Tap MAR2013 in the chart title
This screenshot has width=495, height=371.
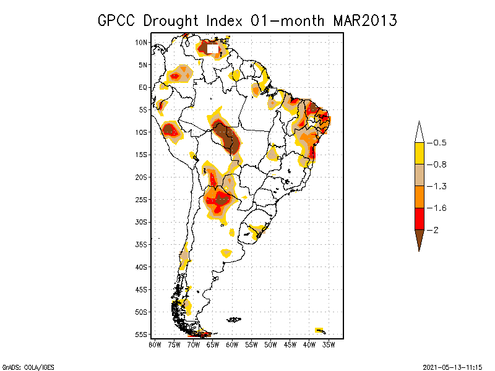point(364,20)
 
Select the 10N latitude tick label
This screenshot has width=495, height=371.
point(142,42)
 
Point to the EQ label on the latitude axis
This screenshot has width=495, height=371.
point(143,87)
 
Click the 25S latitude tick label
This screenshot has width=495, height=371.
point(142,199)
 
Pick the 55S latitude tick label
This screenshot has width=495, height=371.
point(142,334)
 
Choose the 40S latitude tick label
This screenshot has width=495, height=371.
point(142,267)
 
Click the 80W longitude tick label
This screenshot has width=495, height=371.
point(155,344)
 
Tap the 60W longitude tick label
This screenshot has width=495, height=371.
point(232,344)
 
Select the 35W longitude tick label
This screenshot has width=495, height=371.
point(329,344)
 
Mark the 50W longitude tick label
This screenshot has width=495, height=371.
point(270,344)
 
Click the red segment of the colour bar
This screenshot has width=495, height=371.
point(419,219)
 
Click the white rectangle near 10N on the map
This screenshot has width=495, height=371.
point(213,48)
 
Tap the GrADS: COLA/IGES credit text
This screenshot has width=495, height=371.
point(24,366)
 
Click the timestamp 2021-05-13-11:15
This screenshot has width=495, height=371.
point(452,366)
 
